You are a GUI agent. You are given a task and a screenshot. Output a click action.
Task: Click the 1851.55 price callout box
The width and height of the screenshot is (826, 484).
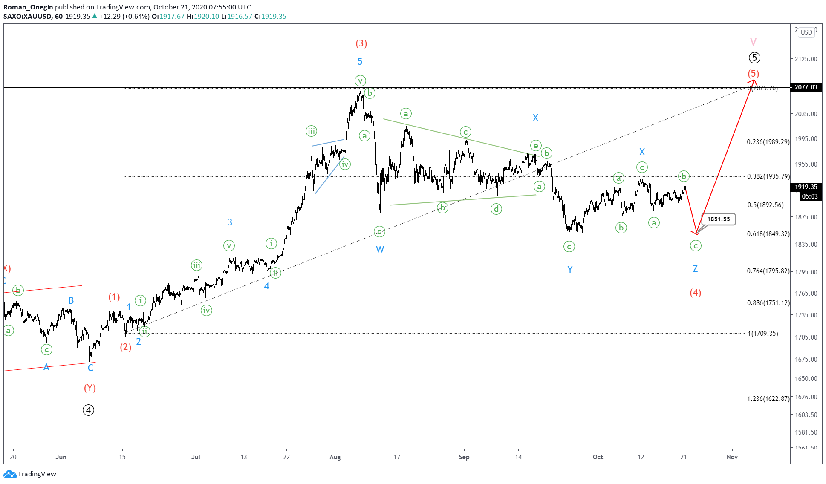pyautogui.click(x=719, y=219)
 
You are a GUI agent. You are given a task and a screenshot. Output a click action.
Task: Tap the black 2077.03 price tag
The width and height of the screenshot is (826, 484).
pyautogui.click(x=806, y=87)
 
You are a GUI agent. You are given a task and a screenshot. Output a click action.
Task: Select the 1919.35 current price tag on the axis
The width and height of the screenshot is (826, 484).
pyautogui.click(x=806, y=187)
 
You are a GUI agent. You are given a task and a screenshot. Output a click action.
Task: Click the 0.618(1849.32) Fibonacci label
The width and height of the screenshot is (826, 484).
pyautogui.click(x=768, y=234)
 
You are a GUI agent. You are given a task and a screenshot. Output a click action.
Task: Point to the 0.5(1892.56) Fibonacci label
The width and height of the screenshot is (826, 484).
pyautogui.click(x=765, y=205)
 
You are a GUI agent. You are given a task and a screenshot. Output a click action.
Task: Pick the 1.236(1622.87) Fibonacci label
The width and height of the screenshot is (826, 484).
pyautogui.click(x=768, y=399)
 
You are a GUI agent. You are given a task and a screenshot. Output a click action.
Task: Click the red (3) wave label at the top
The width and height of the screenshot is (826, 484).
pyautogui.click(x=361, y=43)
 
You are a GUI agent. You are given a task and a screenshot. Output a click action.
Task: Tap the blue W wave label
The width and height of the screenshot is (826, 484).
pyautogui.click(x=380, y=250)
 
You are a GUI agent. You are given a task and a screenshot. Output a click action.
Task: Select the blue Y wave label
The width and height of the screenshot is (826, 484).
pyautogui.click(x=570, y=269)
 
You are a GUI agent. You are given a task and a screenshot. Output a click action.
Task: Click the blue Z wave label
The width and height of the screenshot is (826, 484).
pyautogui.click(x=695, y=268)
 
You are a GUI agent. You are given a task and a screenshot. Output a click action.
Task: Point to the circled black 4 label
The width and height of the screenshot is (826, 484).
pyautogui.click(x=88, y=410)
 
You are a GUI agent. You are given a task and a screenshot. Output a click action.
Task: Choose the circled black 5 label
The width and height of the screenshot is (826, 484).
pyautogui.click(x=754, y=58)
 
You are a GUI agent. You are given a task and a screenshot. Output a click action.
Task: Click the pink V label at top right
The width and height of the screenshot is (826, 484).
pyautogui.click(x=753, y=42)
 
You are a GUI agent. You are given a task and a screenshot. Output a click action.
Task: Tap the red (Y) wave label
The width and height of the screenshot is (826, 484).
pyautogui.click(x=90, y=388)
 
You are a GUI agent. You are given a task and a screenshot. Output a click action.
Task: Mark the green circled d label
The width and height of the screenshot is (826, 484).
pyautogui.click(x=496, y=209)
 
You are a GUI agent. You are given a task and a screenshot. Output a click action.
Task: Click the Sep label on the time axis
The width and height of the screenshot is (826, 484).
pyautogui.click(x=464, y=457)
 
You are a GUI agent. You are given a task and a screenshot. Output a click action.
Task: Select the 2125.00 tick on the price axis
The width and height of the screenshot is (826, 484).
pyautogui.click(x=806, y=59)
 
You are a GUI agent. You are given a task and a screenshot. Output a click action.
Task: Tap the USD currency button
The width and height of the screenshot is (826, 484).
pyautogui.click(x=806, y=32)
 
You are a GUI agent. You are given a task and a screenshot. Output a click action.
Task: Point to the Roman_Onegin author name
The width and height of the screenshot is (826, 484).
pyautogui.click(x=28, y=7)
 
